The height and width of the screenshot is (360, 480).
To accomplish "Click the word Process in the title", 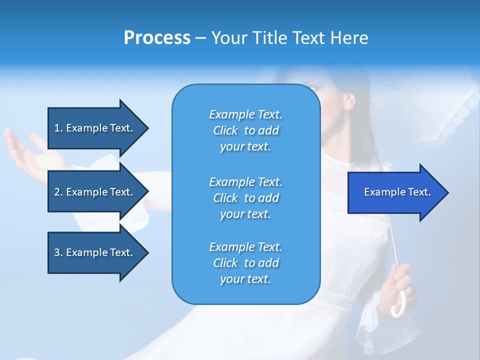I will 157,38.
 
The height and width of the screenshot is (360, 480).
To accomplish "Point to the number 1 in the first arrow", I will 56,128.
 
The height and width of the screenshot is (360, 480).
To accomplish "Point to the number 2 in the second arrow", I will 56,192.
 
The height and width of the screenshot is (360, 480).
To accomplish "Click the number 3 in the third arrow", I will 56,252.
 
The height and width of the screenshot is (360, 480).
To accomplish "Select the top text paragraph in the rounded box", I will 245,130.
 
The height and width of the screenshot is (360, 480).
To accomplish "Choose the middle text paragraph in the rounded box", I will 245,198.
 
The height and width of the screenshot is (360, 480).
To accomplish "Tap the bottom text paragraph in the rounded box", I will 245,263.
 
